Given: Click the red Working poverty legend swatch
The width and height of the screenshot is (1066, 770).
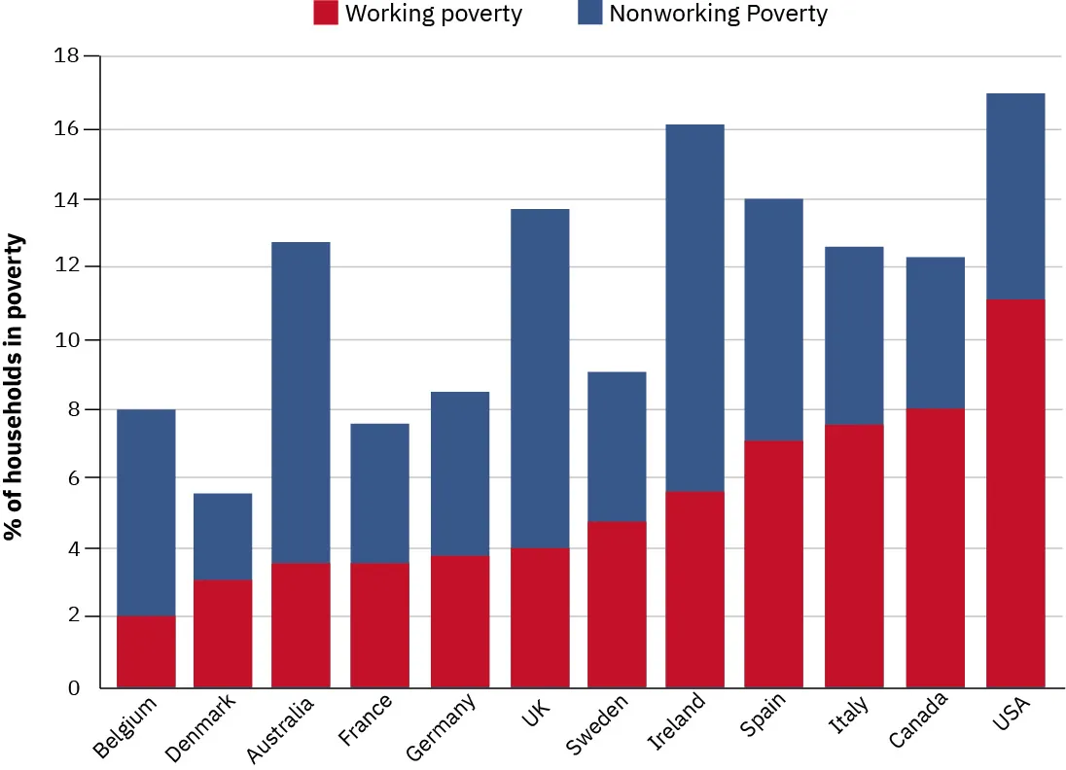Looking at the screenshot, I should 325,14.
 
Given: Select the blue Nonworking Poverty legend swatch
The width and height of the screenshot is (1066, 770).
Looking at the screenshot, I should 589,14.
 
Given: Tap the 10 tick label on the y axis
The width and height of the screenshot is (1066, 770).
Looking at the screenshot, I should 66,340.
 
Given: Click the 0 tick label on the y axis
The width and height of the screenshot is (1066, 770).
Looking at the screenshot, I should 72,688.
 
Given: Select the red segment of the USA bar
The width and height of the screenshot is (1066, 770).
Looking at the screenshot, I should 1014,494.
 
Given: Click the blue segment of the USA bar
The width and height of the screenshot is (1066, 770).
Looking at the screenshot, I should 1014,196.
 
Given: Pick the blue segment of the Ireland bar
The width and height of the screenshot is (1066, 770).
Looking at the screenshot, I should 694,308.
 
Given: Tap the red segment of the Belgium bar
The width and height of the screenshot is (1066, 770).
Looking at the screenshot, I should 146,651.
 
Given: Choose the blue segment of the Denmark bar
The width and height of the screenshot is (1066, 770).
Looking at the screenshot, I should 223,537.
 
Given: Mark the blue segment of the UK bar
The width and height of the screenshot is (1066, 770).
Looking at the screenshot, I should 540,379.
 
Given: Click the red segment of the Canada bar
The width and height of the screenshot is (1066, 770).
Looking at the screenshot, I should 935,548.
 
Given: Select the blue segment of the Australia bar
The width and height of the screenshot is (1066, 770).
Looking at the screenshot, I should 301,402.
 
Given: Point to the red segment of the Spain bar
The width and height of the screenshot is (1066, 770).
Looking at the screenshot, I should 773,564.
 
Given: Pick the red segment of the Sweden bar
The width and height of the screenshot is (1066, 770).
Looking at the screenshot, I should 617,605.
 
